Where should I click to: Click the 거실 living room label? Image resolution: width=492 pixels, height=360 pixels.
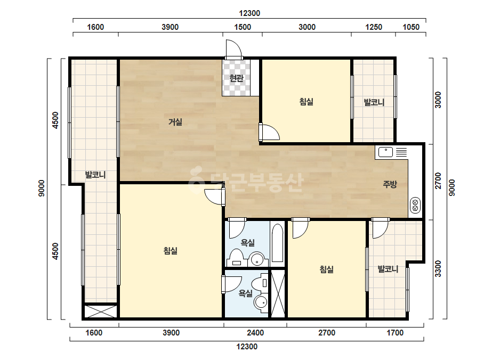tap(175, 121)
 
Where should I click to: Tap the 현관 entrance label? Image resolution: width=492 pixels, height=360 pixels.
tap(236, 78)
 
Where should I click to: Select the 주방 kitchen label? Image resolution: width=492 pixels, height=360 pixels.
tap(390, 184)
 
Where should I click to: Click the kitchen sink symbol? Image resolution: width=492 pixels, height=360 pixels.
tap(385, 152)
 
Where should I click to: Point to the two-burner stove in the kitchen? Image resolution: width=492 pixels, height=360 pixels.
tap(415, 206)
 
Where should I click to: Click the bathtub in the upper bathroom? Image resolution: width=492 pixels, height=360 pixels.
tap(277, 243)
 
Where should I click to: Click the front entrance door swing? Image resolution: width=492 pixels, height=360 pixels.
tap(233, 49)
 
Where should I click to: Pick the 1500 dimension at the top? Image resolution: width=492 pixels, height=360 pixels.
tap(243, 27)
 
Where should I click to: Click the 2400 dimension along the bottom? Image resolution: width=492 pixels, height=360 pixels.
tap(255, 333)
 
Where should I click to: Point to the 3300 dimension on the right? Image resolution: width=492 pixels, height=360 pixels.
tap(438, 269)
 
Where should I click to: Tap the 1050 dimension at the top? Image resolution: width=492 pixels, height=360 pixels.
tap(411, 27)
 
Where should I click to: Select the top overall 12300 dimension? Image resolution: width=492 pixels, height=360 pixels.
tap(249, 13)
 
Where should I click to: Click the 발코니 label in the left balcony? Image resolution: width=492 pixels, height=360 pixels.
tap(95, 175)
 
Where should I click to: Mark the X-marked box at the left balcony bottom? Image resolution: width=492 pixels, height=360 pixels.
tap(100, 311)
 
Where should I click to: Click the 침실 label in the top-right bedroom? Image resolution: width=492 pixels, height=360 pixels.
tap(307, 102)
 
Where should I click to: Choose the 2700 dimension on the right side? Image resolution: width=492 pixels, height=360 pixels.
tap(438, 181)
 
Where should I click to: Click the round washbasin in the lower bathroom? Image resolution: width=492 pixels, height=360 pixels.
tap(261, 302)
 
